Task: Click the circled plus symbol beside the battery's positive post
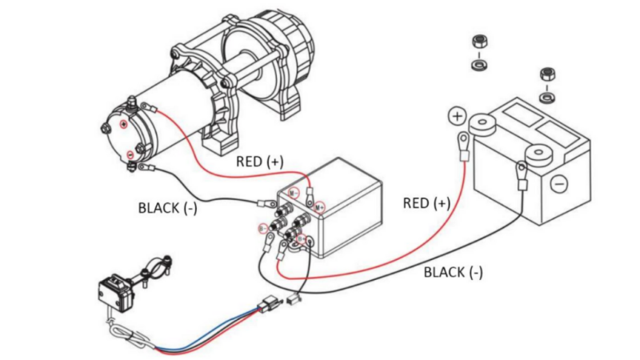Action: point(457,117)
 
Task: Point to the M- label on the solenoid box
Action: point(294,193)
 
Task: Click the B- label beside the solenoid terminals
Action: point(262,229)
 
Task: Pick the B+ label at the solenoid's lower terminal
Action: point(302,238)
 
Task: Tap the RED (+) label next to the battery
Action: point(426,202)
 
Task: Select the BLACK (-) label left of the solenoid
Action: point(168,208)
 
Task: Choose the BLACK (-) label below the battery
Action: point(453,272)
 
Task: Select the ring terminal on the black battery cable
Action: point(521,171)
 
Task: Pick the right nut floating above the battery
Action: point(547,74)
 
